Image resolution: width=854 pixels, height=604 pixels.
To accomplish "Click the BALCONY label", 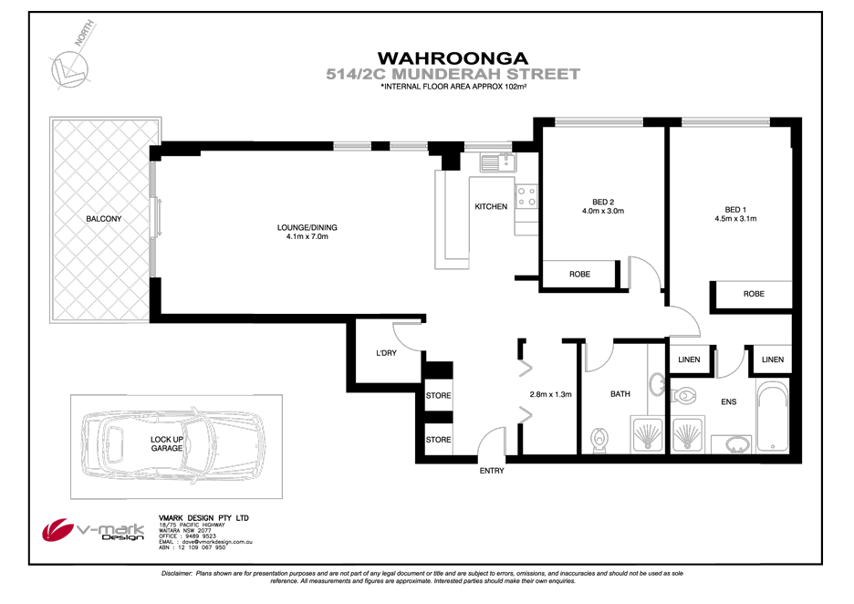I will point(103,219).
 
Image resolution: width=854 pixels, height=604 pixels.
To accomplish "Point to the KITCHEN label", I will point(491,207).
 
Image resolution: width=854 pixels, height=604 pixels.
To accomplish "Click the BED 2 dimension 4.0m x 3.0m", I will point(601,211).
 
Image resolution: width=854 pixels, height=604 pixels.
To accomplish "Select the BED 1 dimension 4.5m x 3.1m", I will point(735,219).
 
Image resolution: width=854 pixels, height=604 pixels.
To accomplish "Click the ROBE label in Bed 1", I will point(754,295).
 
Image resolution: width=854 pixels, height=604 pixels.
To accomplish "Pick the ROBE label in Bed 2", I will point(579,274).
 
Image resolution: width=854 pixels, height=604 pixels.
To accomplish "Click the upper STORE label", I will point(438,396).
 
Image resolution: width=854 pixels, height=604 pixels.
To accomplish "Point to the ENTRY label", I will point(492,471).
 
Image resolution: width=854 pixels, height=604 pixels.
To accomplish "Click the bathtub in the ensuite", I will point(773,419).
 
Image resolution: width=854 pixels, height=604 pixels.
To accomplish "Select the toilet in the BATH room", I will point(599,440).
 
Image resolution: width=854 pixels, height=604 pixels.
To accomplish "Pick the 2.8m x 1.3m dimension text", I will point(550,395).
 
